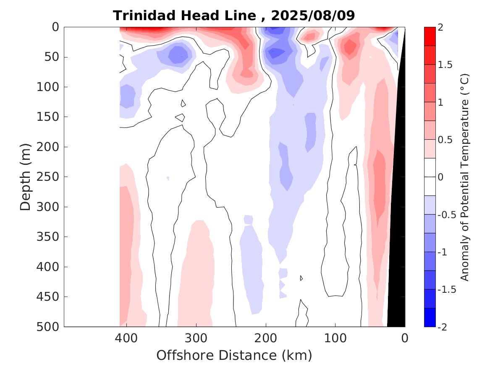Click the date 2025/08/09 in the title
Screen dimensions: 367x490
click(x=313, y=16)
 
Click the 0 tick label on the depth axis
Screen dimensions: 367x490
click(x=55, y=27)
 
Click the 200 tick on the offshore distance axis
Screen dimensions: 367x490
click(x=266, y=338)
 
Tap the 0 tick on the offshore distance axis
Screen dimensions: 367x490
click(x=405, y=338)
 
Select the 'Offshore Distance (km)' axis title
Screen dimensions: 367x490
click(x=234, y=356)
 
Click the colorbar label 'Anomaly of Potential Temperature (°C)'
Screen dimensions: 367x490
click(x=464, y=177)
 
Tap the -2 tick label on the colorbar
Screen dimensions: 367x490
click(x=445, y=326)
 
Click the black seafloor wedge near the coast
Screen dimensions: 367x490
click(x=397, y=252)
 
